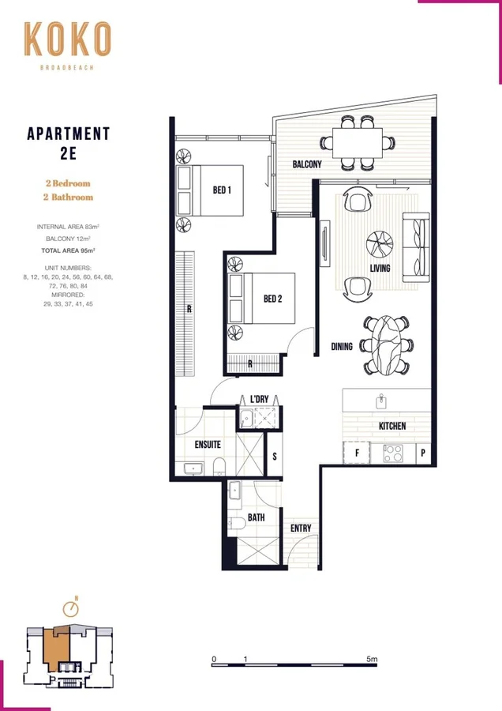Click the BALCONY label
tap(307, 164)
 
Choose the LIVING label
tap(381, 269)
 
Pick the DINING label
tap(342, 345)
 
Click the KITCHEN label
tap(392, 426)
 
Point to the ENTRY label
tap(301, 529)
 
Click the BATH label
tap(256, 518)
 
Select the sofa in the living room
tap(414, 247)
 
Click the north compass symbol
tap(73, 608)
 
